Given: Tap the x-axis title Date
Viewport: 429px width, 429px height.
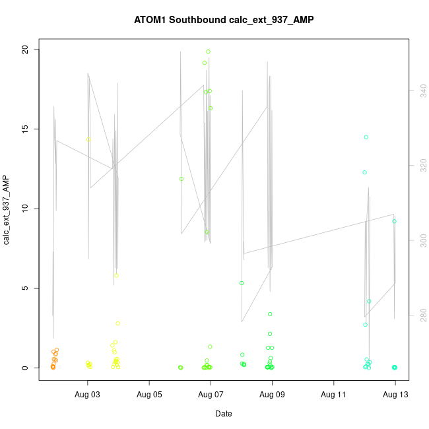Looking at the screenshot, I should [223, 414].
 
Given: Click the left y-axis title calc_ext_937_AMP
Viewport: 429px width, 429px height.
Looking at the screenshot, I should [7, 209].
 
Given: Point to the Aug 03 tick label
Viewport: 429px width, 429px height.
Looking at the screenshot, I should [88, 395].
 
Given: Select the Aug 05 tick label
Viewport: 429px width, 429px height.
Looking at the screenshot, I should [149, 395].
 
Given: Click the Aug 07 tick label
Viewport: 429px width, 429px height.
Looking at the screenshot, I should [211, 395].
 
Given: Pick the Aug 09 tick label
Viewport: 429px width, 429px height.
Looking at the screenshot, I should [272, 395].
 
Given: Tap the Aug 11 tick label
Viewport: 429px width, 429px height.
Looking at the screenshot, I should [333, 395].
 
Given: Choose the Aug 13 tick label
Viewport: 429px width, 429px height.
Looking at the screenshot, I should [395, 395].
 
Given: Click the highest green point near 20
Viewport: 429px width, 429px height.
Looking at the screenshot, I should [209, 51].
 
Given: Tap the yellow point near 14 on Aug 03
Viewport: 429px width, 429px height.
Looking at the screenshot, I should [88, 139].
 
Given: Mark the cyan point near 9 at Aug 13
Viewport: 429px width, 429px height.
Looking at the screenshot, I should [394, 221].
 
